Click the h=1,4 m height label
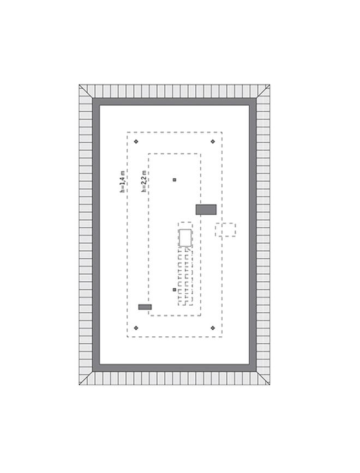click(x=122, y=181)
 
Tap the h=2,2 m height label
click(x=144, y=181)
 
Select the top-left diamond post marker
click(x=136, y=142)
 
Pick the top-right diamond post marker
click(x=213, y=142)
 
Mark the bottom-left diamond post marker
click(x=136, y=328)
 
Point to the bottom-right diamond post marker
click(x=213, y=328)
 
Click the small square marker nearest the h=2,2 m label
click(x=174, y=180)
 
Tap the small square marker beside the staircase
click(x=174, y=289)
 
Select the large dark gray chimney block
click(x=206, y=210)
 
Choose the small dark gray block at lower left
click(x=145, y=307)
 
